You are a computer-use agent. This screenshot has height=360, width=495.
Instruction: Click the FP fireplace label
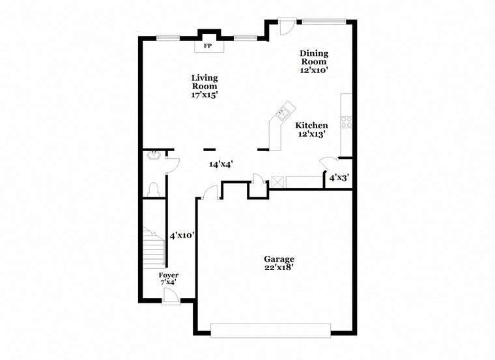point(208,46)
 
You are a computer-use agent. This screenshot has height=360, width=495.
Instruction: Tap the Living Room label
point(204,86)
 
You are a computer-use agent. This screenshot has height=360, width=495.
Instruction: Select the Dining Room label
point(313,61)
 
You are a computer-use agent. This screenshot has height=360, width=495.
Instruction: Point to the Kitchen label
point(311,130)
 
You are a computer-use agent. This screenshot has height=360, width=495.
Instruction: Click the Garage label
point(278,262)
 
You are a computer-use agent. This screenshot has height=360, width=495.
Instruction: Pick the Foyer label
point(169,279)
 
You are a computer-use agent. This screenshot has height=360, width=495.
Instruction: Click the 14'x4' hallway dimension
point(221,165)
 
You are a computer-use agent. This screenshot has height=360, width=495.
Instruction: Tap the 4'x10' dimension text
point(182,235)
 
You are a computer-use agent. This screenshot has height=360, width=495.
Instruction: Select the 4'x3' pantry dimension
point(338,177)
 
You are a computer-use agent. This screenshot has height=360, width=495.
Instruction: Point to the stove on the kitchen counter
point(346,120)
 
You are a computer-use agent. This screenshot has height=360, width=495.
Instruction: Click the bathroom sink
point(154,156)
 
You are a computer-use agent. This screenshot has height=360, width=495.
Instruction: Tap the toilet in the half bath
point(154,189)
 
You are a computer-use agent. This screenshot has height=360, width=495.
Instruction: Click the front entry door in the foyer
point(171,296)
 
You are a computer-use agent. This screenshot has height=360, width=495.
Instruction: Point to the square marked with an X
point(277,182)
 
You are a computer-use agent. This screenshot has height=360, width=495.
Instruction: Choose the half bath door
point(172,162)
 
